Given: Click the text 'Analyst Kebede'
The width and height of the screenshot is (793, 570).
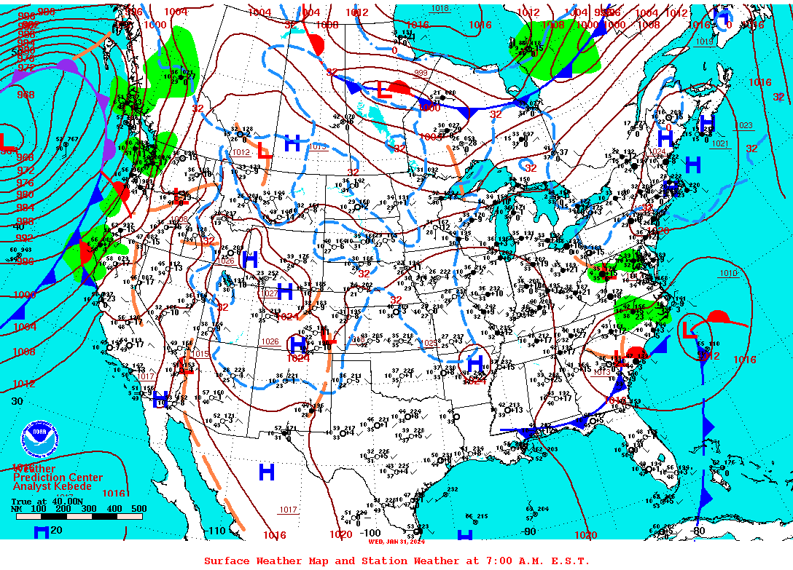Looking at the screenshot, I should coord(52,486).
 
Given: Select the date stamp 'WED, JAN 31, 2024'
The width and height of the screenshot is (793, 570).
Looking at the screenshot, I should coord(396,541).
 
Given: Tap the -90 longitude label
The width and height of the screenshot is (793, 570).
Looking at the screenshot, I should coord(530,531).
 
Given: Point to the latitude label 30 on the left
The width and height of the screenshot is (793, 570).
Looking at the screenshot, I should coord(17,401).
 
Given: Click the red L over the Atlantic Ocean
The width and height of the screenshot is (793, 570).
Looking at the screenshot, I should coord(689,330).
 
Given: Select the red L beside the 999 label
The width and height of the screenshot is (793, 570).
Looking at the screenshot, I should coord(383,90).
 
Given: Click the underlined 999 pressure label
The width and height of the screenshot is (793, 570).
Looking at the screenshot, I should coord(421,74).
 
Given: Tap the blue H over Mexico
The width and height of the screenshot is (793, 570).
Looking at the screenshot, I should coord(267,472).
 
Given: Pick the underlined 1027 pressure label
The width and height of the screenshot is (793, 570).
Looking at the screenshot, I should coord(270,293).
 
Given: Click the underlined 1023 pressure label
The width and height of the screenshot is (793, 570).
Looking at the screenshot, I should coord(744,126).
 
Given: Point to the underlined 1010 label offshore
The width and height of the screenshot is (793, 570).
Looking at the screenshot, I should coord(727,274).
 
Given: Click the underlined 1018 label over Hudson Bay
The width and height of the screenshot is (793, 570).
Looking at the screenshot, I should coord(440,9).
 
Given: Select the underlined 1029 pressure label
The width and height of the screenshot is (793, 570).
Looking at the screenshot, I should coord(431,343).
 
